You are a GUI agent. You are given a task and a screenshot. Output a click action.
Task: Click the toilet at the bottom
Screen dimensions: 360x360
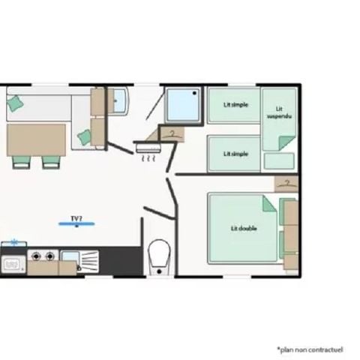(160, 254)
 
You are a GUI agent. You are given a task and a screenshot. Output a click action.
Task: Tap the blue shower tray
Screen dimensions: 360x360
(184, 104)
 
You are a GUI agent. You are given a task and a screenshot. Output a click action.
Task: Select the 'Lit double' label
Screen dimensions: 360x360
(241, 228)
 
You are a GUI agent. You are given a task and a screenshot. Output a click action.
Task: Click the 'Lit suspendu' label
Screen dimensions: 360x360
(280, 112)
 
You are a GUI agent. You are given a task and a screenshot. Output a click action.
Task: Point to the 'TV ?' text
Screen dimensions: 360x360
(76, 218)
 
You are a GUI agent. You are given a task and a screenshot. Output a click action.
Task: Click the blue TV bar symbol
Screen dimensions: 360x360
(76, 223)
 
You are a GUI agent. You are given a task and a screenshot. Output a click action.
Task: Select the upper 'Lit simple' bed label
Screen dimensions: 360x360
(236, 105)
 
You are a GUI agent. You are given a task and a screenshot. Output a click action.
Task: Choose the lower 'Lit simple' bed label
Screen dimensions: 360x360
(236, 153)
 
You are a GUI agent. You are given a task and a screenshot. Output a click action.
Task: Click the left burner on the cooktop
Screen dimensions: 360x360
(34, 256)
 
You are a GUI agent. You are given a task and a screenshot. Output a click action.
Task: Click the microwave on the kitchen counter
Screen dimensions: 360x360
(12, 264)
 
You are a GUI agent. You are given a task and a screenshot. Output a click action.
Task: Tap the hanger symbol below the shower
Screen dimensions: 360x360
(172, 133)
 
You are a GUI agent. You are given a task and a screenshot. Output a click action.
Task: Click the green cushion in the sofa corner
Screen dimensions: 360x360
(14, 105)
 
